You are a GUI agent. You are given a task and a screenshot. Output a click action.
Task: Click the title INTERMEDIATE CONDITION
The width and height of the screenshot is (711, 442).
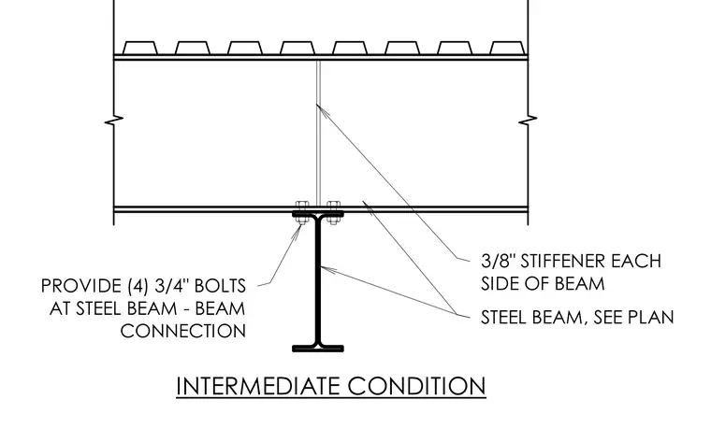tap(331, 386)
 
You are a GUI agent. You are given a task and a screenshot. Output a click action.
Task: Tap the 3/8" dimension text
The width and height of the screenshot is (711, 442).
tap(498, 262)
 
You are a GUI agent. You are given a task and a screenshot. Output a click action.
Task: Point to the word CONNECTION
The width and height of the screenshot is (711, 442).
tap(183, 331)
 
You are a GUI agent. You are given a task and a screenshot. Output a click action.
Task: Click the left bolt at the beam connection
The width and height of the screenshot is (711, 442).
tap(301, 212)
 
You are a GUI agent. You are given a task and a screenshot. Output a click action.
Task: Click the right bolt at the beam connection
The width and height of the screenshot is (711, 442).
tap(333, 212)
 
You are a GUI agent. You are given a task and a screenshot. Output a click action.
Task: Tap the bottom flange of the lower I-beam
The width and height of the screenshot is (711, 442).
tap(318, 349)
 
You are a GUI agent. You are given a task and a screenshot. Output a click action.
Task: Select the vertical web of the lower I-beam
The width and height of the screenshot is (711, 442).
tap(318, 280)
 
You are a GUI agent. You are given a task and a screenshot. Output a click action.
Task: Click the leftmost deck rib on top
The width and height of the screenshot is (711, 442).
tap(140, 48)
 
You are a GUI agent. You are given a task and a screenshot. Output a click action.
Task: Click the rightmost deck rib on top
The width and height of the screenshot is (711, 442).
tap(507, 48)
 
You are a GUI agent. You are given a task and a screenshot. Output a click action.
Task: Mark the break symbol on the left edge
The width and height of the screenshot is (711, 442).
tap(113, 121)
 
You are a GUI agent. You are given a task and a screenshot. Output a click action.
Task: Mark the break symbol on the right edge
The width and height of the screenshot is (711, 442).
tap(528, 121)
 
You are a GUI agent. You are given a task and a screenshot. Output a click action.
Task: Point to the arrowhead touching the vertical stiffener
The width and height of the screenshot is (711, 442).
tap(320, 108)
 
